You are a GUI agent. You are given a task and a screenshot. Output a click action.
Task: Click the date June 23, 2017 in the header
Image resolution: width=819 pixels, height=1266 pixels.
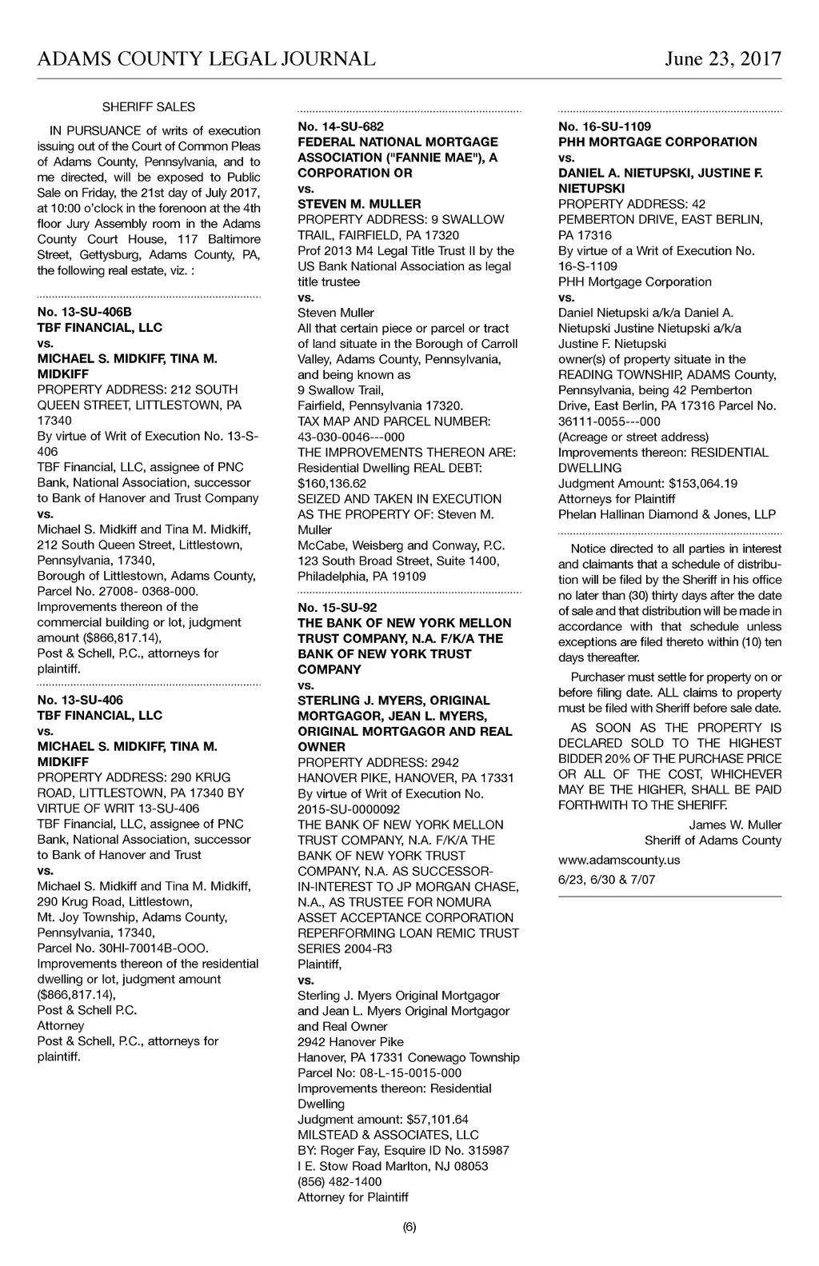722,59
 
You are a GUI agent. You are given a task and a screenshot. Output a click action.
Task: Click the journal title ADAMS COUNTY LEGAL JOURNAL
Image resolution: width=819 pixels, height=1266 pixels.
206,59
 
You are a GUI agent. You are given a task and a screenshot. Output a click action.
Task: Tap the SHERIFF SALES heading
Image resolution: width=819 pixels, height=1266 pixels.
149,107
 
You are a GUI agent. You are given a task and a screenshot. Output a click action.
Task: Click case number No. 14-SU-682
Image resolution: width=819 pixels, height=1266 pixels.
341,126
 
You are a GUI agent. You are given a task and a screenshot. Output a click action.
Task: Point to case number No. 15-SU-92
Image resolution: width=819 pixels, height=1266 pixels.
338,607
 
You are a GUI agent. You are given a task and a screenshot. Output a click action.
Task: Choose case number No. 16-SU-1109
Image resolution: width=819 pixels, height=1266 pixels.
605,126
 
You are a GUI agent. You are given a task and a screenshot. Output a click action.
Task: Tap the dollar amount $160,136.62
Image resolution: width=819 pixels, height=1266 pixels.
332,483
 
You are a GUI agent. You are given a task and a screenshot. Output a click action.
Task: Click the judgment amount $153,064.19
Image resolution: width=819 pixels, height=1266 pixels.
692,483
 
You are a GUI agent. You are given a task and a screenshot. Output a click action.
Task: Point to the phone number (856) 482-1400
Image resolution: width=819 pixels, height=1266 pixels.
339,1181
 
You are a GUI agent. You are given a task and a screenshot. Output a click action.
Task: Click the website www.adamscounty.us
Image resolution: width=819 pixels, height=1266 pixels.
619,860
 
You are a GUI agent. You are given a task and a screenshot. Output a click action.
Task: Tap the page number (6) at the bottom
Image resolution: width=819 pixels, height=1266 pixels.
409,1228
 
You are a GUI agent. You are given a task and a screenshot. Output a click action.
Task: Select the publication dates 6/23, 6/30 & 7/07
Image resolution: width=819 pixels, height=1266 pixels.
606,880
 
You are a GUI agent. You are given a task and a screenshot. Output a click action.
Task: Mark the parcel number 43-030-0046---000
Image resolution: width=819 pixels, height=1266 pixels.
351,437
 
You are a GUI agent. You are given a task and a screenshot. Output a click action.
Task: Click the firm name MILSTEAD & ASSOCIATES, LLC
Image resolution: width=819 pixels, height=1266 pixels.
388,1135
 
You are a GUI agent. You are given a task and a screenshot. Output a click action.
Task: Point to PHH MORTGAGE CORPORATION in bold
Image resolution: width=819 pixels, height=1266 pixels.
657,142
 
